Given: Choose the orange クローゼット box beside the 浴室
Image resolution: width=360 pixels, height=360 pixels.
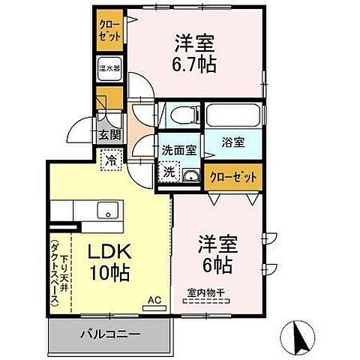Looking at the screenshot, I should click(x=233, y=175).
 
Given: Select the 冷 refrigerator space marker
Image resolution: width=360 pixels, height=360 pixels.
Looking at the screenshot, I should click(x=110, y=159).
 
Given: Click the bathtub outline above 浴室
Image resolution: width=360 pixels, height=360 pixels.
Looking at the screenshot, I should click(x=232, y=116).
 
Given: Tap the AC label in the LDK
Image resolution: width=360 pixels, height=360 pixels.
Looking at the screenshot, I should click(x=154, y=302).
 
